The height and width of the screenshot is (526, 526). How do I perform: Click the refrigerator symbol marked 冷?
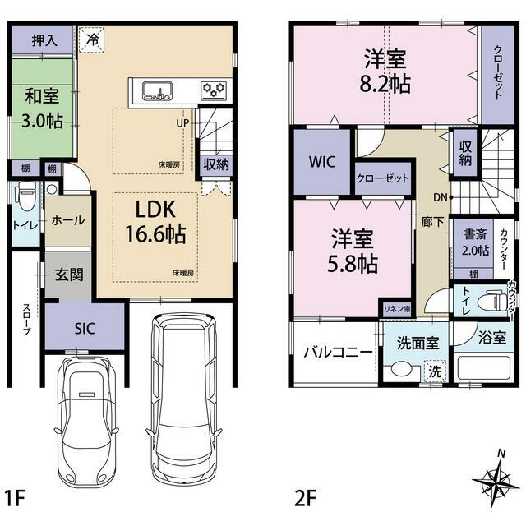[92, 40]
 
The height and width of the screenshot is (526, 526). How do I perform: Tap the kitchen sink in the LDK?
[157, 90]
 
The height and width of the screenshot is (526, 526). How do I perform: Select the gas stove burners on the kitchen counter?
[214, 90]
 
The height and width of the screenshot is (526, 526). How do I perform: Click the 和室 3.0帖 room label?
[42, 108]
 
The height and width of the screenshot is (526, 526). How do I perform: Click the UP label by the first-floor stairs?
[182, 123]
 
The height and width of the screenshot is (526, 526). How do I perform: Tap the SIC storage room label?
[85, 329]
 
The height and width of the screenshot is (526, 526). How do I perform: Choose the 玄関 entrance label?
[69, 275]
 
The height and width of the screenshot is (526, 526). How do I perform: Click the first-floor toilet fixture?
[25, 196]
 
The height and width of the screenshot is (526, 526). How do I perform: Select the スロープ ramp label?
[26, 320]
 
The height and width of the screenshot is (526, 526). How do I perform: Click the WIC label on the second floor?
[321, 162]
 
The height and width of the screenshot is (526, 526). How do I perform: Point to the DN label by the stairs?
[441, 197]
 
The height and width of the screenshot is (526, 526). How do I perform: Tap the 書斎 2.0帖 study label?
[475, 242]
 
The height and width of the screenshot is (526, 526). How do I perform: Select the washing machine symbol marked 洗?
[436, 371]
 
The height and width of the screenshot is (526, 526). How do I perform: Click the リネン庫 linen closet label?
[397, 309]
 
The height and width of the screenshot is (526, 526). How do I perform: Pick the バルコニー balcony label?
[338, 353]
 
